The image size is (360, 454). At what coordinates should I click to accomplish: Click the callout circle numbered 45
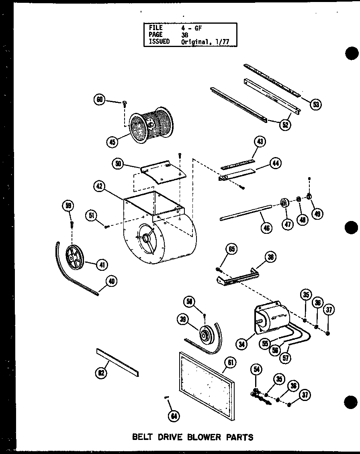(112, 141)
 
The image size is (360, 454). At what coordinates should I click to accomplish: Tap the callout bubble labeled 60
(99, 100)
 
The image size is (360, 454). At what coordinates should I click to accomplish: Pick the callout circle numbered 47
(288, 224)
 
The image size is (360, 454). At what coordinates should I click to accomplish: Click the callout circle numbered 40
(111, 282)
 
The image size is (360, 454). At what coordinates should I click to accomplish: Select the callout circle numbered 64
(174, 416)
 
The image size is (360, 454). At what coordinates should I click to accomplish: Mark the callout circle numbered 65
(232, 249)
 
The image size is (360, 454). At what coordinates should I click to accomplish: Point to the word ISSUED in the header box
(160, 41)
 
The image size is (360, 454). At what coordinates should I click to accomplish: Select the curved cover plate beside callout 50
(163, 172)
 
